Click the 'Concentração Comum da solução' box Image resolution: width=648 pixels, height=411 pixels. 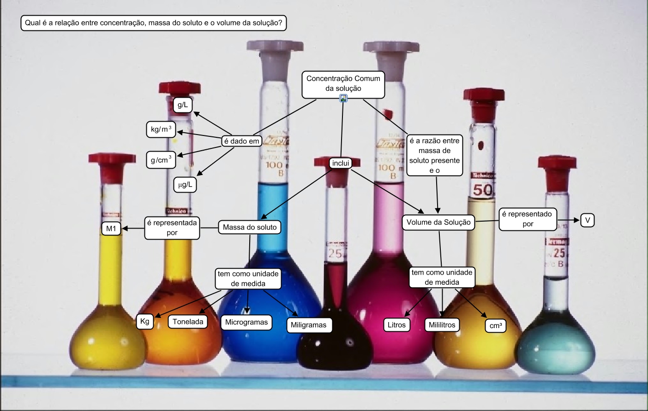pos(343,84)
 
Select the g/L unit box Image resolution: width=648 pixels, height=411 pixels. pos(183,105)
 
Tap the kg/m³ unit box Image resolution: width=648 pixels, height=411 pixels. pos(161,129)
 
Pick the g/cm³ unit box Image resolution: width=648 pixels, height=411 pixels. pos(161,160)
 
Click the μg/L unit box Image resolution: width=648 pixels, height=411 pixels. pos(185,185)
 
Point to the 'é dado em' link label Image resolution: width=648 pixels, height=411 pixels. pos(241,141)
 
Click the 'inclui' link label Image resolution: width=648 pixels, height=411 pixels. pos(341,163)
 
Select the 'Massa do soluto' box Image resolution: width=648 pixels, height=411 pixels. pos(249,227)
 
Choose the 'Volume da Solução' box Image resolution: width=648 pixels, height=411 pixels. pos(438,223)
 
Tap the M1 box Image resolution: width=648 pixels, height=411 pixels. pos(111,229)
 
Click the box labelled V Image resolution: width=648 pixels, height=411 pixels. pos(588,220)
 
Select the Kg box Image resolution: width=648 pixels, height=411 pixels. pos(145,321)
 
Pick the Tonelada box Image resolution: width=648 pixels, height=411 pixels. pos(188,322)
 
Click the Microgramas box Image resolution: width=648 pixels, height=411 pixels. pos(246,322)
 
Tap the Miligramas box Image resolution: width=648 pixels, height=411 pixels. pos(308,325)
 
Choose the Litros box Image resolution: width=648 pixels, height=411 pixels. pos(396,325)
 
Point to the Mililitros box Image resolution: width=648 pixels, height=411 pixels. pos(442,325)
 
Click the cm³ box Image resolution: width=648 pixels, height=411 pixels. pos(496,326)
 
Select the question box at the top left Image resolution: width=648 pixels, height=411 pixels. pos(154,23)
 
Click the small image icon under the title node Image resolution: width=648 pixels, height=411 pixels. pos(343,98)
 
